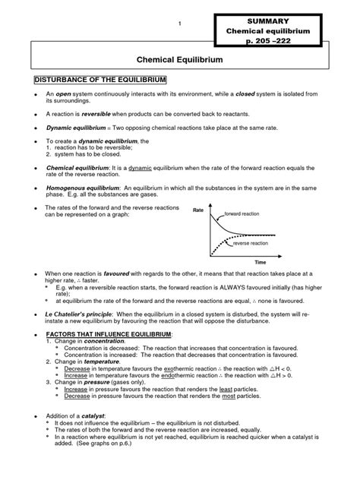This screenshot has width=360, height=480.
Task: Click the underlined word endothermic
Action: [182, 375]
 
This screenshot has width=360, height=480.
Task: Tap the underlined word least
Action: [226, 388]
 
